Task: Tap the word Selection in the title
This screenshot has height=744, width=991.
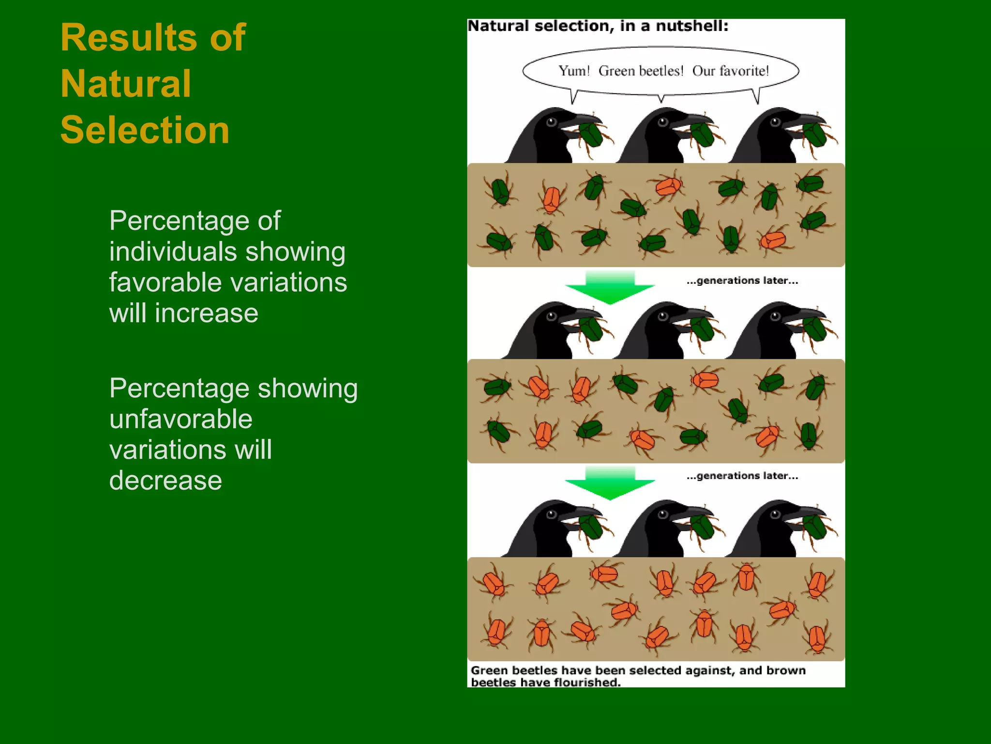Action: (x=145, y=130)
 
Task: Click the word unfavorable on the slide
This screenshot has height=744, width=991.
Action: (x=180, y=419)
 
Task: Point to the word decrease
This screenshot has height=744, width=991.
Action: (x=165, y=481)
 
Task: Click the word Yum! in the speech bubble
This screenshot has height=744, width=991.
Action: (x=574, y=71)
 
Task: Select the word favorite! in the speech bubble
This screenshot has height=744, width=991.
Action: (x=744, y=71)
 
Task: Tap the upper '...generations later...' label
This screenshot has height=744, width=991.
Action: (x=742, y=280)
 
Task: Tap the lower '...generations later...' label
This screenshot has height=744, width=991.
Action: (x=742, y=476)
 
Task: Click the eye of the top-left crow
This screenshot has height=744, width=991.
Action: (x=551, y=122)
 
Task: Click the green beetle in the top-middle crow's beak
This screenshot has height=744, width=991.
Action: (x=702, y=135)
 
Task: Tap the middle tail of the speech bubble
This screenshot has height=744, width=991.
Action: (x=661, y=98)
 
